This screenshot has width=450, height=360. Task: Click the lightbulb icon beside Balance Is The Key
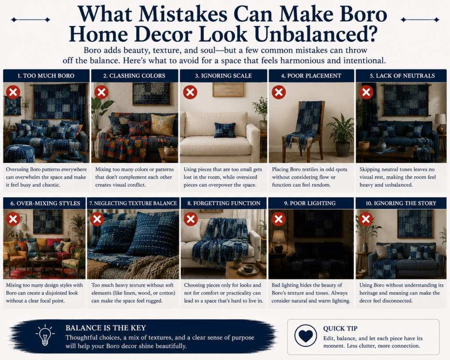click(44, 335)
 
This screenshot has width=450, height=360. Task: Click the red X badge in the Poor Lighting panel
click(278, 219)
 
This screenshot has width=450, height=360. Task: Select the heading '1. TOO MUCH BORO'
click(46, 76)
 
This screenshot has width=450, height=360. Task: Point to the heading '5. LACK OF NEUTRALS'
click(402, 76)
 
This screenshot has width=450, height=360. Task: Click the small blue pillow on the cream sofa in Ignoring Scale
click(225, 130)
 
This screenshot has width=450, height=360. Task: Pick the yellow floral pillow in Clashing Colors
click(163, 124)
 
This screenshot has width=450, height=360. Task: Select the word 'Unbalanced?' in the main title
click(316, 34)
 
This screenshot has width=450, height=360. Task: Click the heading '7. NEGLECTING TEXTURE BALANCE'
click(133, 203)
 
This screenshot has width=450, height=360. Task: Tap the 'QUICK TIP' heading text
click(341, 328)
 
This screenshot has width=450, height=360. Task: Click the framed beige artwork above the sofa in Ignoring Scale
click(228, 90)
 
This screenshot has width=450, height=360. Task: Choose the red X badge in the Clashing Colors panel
click(102, 92)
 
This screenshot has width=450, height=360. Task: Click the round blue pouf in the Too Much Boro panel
click(19, 153)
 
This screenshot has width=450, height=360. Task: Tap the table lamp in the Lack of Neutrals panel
click(440, 124)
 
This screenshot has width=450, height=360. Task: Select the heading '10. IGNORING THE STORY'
click(401, 203)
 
